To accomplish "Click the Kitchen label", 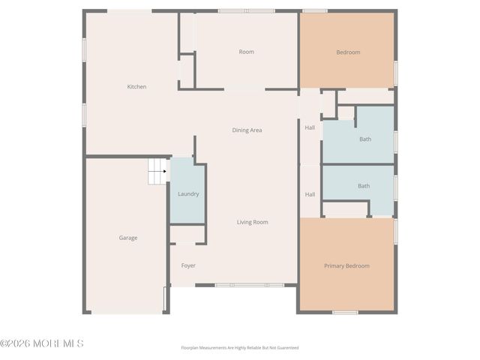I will coord(136,87).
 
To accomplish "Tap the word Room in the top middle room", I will coord(246,52).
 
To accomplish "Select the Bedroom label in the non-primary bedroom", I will coord(348,52).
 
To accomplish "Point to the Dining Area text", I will coord(247,130).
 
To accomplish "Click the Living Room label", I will coord(252,222).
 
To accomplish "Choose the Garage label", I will coord(127,238).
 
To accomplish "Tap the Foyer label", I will coord(188,265).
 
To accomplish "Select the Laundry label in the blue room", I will coord(188,194).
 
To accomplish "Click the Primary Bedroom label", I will coord(346,266).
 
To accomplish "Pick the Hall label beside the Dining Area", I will coord(310,127).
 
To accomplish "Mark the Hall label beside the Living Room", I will coord(310,194).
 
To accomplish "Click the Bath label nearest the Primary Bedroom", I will coord(364,186).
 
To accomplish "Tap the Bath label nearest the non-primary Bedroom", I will coord(365,139).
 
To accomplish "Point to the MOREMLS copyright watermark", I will coord(42,343).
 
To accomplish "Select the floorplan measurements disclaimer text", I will coord(240,348).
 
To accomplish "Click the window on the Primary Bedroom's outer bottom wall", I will coord(345,312).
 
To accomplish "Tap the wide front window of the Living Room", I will coord(249,285).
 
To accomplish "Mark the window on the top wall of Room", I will coord(246,10).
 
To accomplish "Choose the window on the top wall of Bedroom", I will coord(315,10).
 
